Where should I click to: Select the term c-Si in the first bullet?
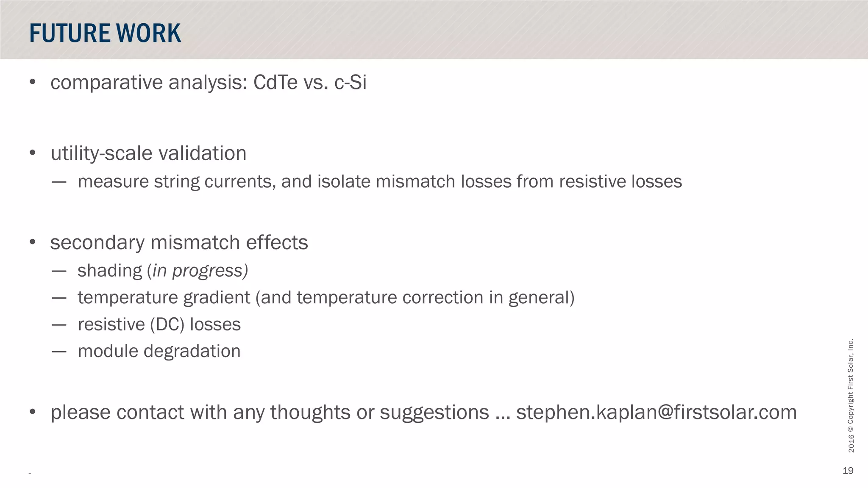[x=351, y=82]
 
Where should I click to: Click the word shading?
[x=110, y=271]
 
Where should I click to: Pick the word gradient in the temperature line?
[x=217, y=298]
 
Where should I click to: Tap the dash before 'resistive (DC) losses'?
[x=59, y=325]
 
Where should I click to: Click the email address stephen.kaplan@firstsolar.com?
[x=656, y=413]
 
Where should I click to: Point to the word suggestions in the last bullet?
[x=434, y=413]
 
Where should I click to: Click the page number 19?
[x=848, y=471]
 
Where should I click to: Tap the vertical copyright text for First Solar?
[x=851, y=396]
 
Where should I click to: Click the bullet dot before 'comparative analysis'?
[x=33, y=82]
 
